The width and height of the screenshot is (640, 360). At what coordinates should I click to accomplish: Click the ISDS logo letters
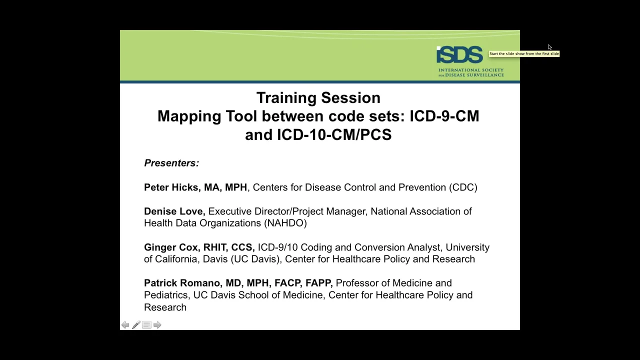[459, 54]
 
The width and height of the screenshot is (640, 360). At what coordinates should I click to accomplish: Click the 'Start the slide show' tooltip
[524, 53]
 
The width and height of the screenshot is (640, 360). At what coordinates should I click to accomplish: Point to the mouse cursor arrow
[549, 47]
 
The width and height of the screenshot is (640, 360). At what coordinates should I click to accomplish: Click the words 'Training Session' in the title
[318, 97]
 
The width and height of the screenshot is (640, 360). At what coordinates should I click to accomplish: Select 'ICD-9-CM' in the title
[444, 116]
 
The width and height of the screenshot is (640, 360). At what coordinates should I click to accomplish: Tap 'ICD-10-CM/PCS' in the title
[334, 134]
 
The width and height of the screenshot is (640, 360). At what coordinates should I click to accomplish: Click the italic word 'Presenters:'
[171, 163]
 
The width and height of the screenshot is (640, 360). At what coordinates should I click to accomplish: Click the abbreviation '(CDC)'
[463, 187]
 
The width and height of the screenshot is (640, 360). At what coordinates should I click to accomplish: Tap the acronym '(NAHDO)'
[285, 223]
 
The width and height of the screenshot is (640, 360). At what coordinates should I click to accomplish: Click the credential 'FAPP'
[317, 283]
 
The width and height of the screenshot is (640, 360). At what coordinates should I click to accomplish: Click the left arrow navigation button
[125, 325]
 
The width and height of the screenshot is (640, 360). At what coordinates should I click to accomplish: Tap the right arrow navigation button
[157, 325]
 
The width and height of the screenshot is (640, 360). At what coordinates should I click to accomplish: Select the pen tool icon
[136, 325]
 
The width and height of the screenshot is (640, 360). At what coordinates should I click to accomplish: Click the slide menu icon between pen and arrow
[146, 325]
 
